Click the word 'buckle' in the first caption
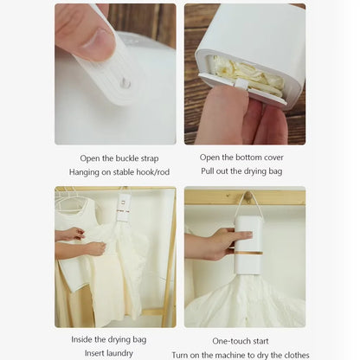pyautogui.click(x=123, y=157)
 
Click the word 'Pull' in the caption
pyautogui.click(x=210, y=172)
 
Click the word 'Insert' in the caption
pyautogui.click(x=97, y=353)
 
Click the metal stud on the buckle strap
pyautogui.click(x=125, y=83)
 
